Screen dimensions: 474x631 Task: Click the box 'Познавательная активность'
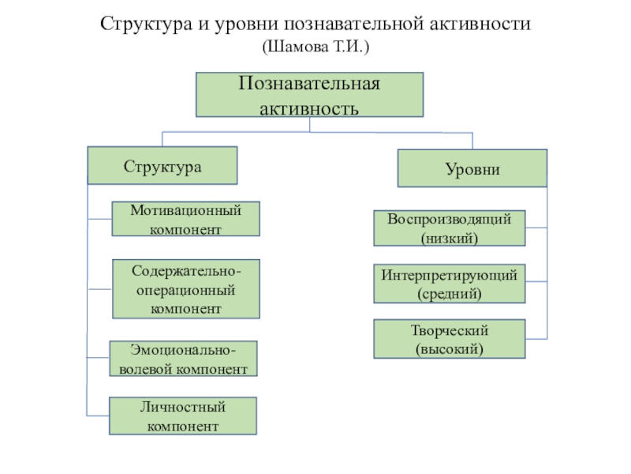pos(309,95)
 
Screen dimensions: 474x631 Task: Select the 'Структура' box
pos(162,166)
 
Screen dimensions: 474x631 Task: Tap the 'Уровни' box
pos(472,167)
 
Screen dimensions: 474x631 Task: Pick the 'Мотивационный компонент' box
pos(185,219)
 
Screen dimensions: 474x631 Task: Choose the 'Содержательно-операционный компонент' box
pos(186,289)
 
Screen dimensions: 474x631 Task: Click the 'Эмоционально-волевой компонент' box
pos(184,359)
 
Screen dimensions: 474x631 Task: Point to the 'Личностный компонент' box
pos(183,416)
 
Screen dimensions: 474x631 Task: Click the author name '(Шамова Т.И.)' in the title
pos(315,47)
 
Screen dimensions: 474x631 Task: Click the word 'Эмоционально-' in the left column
pos(184,350)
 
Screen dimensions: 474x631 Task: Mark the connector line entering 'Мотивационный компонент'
pos(99,217)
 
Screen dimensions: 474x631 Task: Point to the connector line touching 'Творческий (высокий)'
pos(536,339)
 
